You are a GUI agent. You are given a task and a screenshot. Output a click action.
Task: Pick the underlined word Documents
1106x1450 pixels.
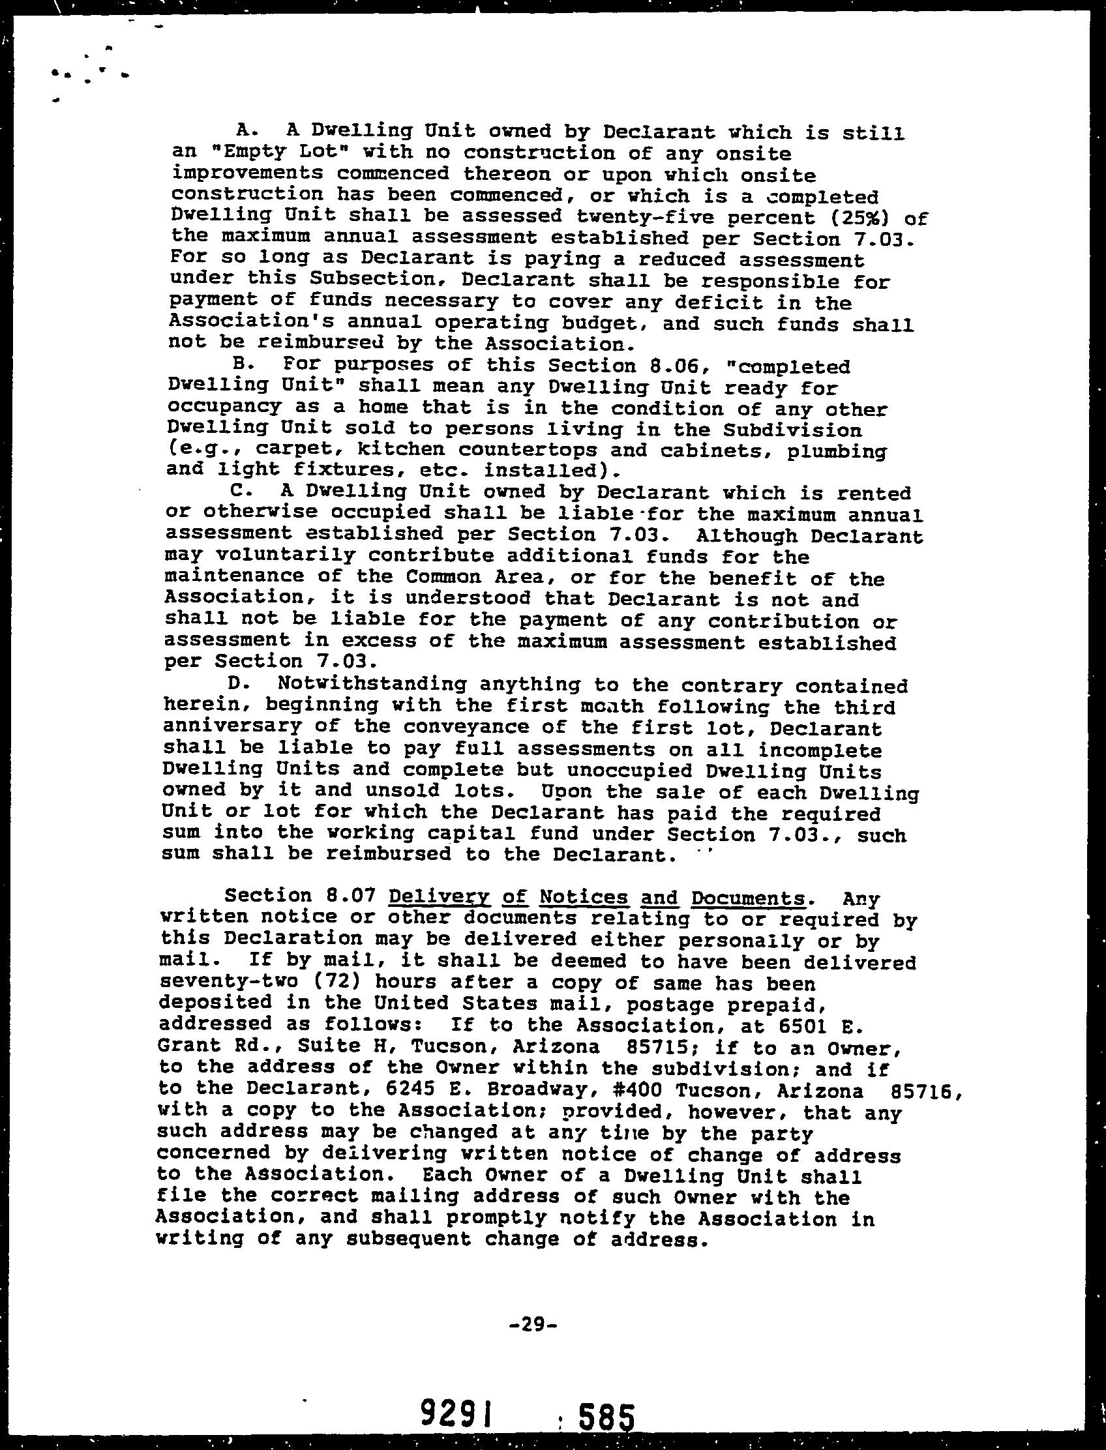[x=748, y=898]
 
